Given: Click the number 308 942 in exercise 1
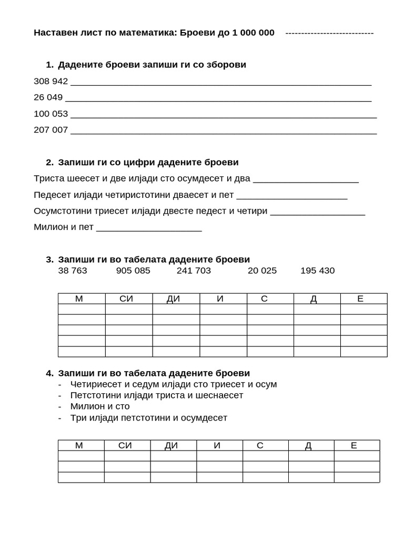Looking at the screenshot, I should click(x=50, y=81).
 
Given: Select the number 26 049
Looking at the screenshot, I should click(x=48, y=97).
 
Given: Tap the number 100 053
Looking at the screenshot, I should click(x=50, y=114).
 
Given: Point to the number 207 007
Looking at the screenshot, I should click(x=50, y=130).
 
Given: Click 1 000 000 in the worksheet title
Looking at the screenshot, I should click(x=249, y=33).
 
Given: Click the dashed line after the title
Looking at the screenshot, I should click(x=329, y=33).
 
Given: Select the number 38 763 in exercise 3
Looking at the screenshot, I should click(x=73, y=271).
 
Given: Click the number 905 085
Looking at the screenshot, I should click(x=133, y=271).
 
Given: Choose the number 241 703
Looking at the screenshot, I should click(x=194, y=271).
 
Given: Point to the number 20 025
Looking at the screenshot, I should click(x=262, y=271).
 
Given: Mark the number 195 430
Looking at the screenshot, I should click(x=317, y=271).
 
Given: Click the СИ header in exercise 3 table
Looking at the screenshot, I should click(x=126, y=299).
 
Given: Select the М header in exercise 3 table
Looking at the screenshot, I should click(x=79, y=299).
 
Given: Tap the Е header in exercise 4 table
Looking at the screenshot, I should click(x=353, y=446).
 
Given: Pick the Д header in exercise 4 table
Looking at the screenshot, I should click(x=308, y=446).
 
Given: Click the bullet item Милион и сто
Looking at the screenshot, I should click(x=100, y=406).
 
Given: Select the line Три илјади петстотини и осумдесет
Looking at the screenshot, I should click(x=148, y=418).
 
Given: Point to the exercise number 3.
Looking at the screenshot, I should click(x=49, y=259).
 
